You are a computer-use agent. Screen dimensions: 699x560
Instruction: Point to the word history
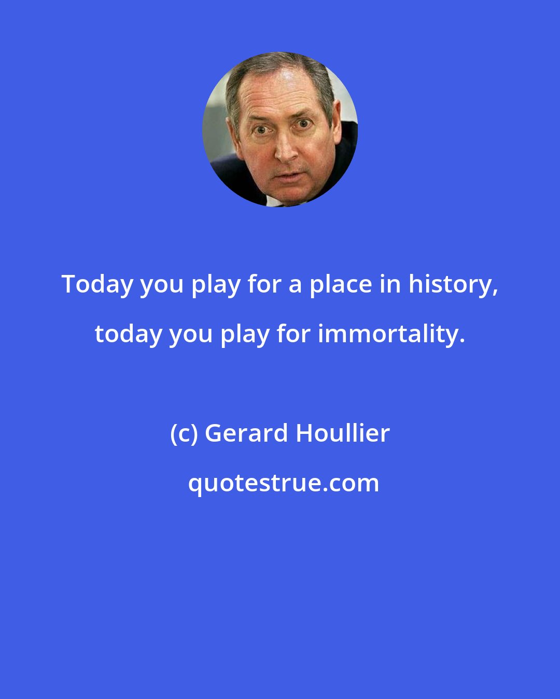pyautogui.click(x=450, y=284)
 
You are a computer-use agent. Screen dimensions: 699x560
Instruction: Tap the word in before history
pyautogui.click(x=392, y=284)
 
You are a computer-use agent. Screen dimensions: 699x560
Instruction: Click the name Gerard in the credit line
pyautogui.click(x=246, y=433)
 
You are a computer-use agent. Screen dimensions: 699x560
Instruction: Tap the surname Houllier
pyautogui.click(x=343, y=433)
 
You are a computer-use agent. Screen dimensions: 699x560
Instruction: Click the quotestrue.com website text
pyautogui.click(x=283, y=483)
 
